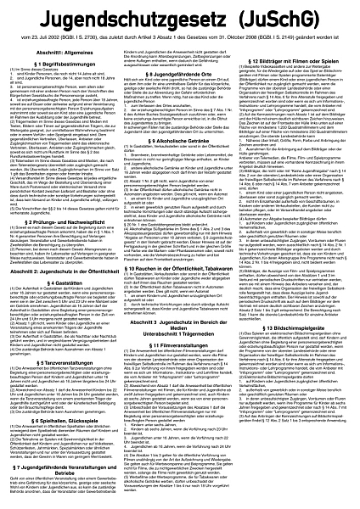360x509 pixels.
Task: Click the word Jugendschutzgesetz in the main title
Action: click(x=127, y=17)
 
